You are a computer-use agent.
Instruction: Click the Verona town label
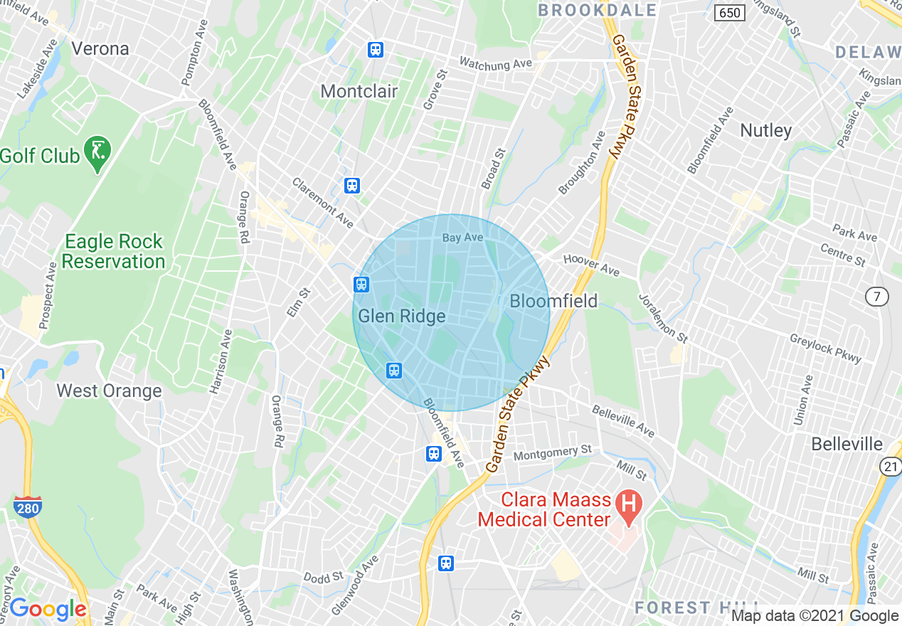pyautogui.click(x=100, y=49)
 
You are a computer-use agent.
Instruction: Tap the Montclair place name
pyautogui.click(x=359, y=91)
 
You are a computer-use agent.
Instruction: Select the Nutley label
pyautogui.click(x=765, y=130)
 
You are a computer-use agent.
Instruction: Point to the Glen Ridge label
pyautogui.click(x=401, y=316)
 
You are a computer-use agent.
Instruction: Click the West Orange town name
pyautogui.click(x=109, y=391)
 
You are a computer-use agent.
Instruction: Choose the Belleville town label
pyautogui.click(x=847, y=444)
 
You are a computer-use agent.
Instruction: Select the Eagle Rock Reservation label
pyautogui.click(x=113, y=251)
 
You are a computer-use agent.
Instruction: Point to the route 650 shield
pyautogui.click(x=730, y=13)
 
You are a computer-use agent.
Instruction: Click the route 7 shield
pyautogui.click(x=878, y=297)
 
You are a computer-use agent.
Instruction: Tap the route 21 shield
pyautogui.click(x=890, y=466)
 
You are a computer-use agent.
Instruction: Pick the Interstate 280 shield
pyautogui.click(x=27, y=506)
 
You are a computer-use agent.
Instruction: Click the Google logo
pyautogui.click(x=48, y=609)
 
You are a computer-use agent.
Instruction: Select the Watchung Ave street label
pyautogui.click(x=495, y=64)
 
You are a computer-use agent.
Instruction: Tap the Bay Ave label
pyautogui.click(x=462, y=238)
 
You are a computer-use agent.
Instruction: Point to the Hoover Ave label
pyautogui.click(x=591, y=266)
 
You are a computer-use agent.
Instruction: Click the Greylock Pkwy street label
pyautogui.click(x=825, y=349)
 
